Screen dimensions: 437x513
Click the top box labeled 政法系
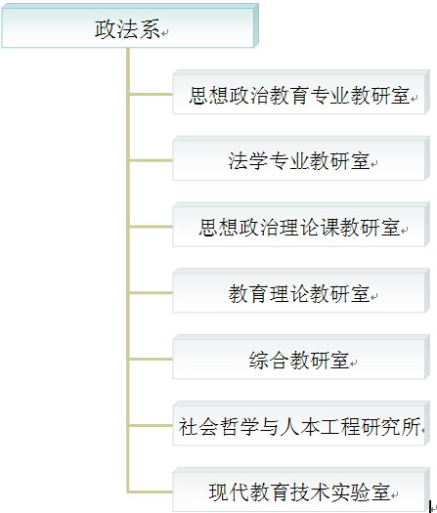(x=130, y=25)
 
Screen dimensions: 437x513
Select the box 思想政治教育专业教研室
(x=301, y=92)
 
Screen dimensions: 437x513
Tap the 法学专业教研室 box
(x=301, y=158)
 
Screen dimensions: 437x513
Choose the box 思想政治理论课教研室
(x=301, y=225)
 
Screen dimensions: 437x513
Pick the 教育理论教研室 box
(x=301, y=291)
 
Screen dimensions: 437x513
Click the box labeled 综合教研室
(x=301, y=357)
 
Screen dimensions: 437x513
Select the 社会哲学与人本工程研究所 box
(x=301, y=423)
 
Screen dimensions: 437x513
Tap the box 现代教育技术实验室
(x=301, y=490)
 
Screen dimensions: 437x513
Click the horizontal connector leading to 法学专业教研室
(x=152, y=160)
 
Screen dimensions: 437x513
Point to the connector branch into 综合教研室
(x=152, y=359)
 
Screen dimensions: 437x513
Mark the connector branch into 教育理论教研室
(x=152, y=293)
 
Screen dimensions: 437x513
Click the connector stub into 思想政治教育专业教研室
(x=152, y=94)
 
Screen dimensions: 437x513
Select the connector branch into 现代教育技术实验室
(x=152, y=492)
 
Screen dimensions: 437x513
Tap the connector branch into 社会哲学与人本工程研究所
(x=152, y=425)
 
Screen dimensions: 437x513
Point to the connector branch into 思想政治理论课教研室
(x=152, y=227)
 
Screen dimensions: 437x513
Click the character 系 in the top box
(x=150, y=29)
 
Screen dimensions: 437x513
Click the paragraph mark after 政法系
(x=164, y=32)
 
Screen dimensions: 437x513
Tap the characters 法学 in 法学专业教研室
(x=247, y=161)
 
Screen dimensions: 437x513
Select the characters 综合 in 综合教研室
(x=269, y=360)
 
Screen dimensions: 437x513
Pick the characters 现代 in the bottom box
(x=228, y=492)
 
